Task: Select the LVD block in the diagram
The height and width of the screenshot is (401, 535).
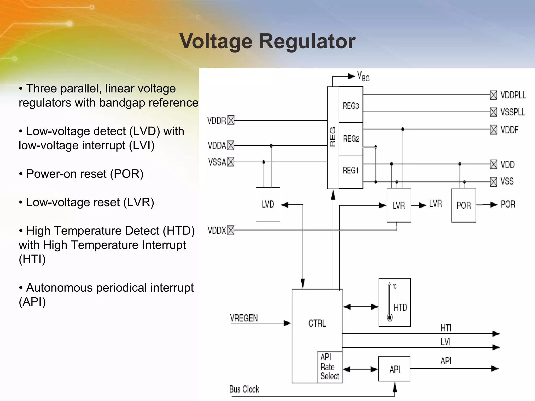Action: click(268, 204)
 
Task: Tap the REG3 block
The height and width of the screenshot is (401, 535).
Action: click(351, 106)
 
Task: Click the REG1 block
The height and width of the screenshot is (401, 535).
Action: click(351, 170)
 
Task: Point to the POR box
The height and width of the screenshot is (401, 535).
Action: click(463, 205)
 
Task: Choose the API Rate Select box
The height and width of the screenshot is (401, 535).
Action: click(330, 367)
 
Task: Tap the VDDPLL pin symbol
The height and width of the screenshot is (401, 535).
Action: click(493, 95)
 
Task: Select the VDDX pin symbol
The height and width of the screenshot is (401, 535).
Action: click(231, 230)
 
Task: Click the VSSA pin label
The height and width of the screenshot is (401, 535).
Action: click(217, 162)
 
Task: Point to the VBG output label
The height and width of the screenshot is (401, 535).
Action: click(363, 76)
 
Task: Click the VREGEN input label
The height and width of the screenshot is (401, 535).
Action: click(244, 318)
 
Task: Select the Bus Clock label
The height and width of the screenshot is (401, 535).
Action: click(244, 389)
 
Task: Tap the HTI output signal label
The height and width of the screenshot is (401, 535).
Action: click(446, 328)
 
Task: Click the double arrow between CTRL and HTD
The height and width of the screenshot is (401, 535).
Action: click(360, 307)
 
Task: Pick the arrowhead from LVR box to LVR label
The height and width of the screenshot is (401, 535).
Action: click(422, 205)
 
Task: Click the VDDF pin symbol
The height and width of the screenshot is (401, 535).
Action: click(493, 129)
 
